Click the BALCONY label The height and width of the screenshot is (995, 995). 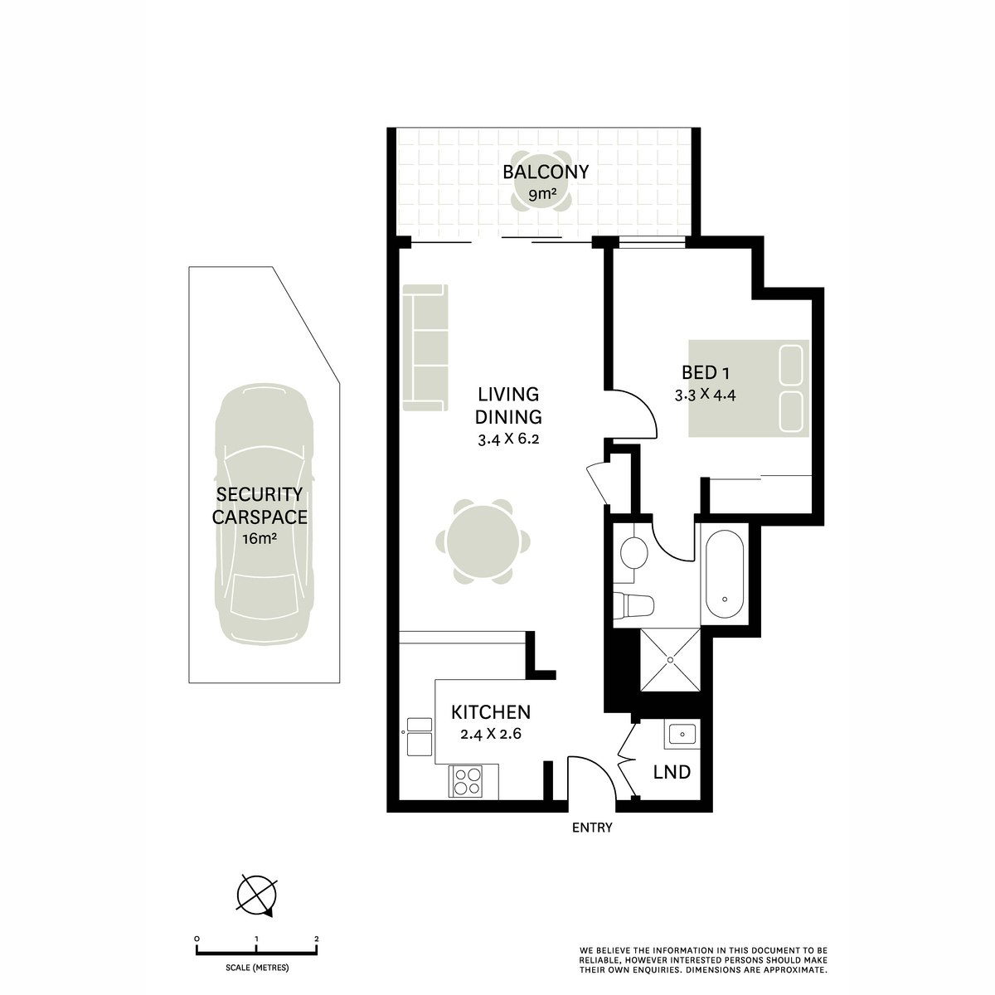pyautogui.click(x=546, y=172)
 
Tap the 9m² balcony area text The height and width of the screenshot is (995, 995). pyautogui.click(x=546, y=196)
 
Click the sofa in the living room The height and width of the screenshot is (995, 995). pyautogui.click(x=425, y=347)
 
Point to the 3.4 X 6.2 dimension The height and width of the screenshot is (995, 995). pyautogui.click(x=508, y=440)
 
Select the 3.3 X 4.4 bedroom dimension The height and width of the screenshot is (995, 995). pyautogui.click(x=706, y=395)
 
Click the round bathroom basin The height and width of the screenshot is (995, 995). pyautogui.click(x=634, y=551)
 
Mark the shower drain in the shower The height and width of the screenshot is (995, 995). pyautogui.click(x=670, y=661)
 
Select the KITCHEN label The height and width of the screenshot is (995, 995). pyautogui.click(x=490, y=712)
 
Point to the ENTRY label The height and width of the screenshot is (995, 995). pyautogui.click(x=592, y=828)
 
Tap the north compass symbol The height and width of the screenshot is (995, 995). pyautogui.click(x=256, y=895)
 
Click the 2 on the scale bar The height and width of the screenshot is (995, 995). pyautogui.click(x=317, y=939)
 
